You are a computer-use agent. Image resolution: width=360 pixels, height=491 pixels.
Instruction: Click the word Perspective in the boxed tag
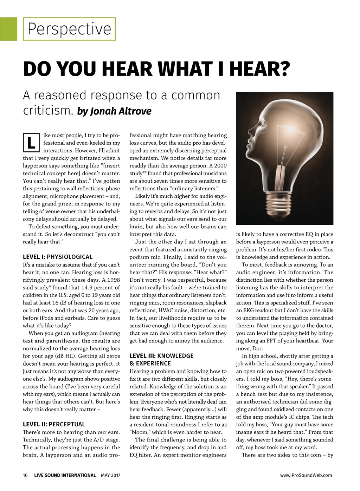tap(69, 29)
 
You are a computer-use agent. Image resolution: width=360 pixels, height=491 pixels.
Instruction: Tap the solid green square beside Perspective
tap(8, 29)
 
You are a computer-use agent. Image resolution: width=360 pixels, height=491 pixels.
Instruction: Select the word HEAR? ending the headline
tap(260, 69)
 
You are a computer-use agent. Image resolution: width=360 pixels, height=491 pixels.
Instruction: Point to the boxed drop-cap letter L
tap(31, 142)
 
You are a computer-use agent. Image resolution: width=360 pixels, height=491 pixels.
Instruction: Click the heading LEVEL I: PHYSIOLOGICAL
tap(58, 257)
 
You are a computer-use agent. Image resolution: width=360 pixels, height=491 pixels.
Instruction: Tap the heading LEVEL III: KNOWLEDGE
tap(161, 356)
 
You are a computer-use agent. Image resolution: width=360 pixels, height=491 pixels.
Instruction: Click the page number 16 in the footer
tap(25, 475)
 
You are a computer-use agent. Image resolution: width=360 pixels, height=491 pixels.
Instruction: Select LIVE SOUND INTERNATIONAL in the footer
tap(65, 475)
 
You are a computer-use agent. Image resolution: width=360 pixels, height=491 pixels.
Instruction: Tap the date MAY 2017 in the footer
tap(110, 475)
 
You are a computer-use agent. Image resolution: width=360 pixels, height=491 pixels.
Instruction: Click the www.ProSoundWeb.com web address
tap(306, 475)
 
